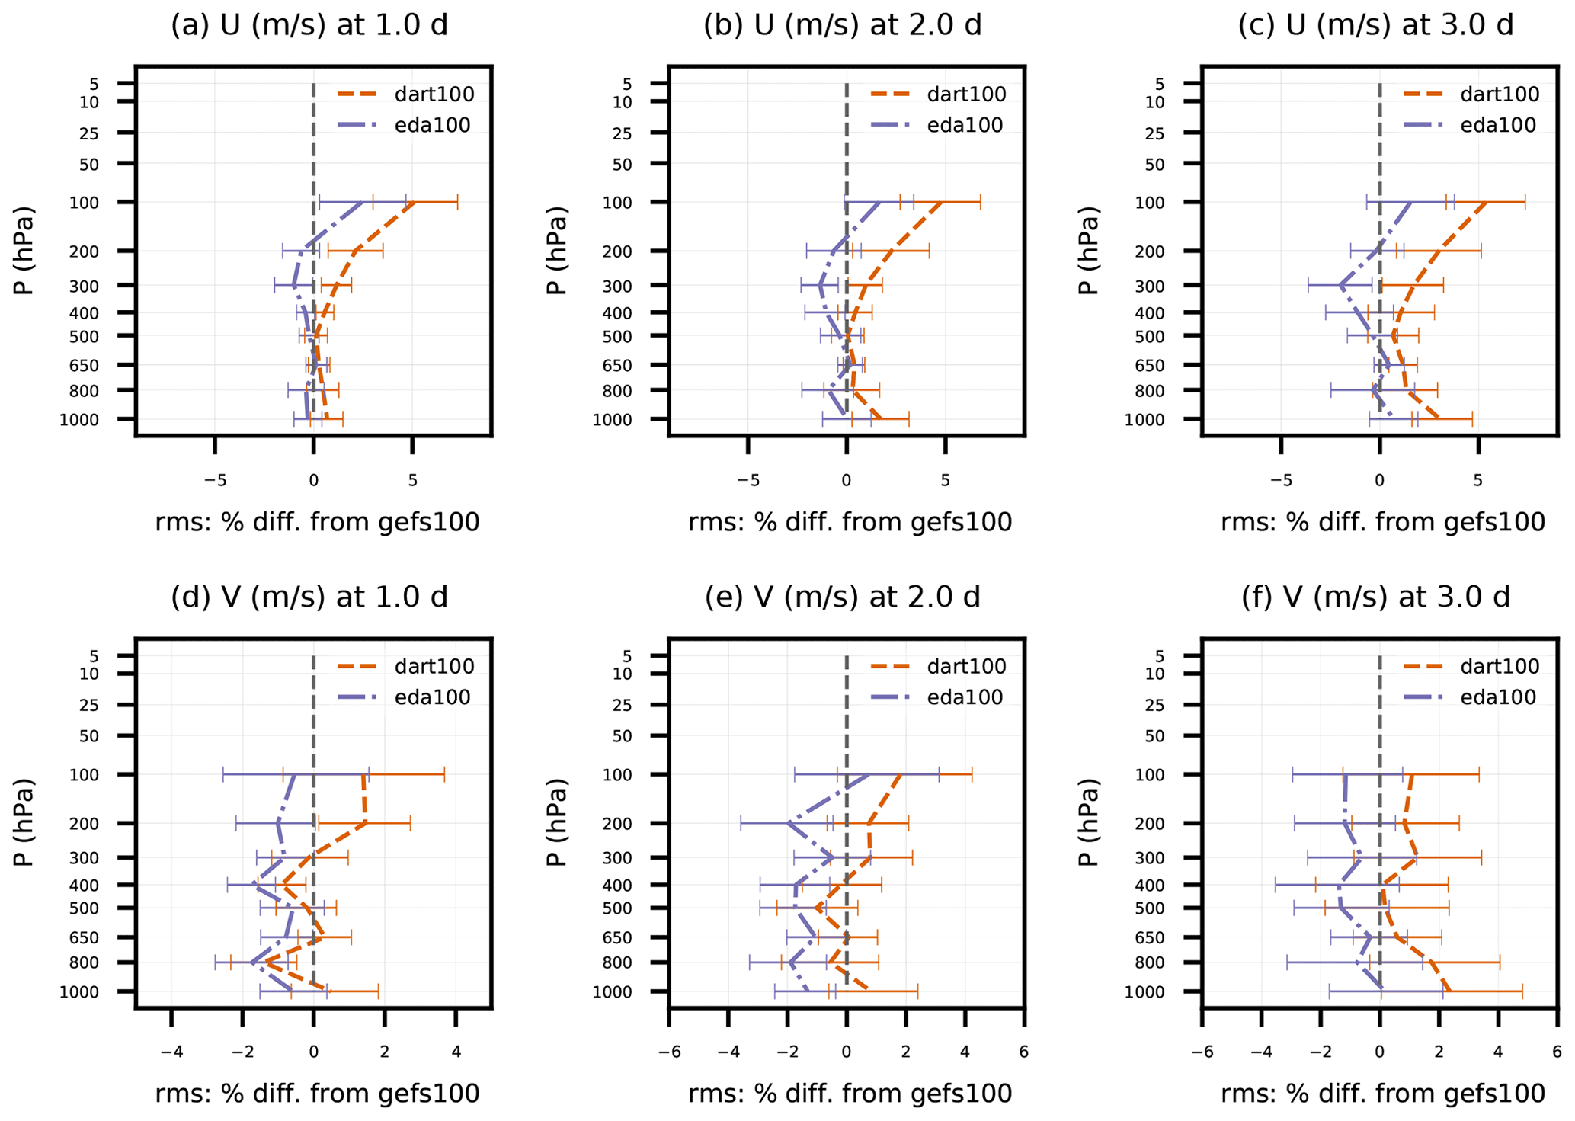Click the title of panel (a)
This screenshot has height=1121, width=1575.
tap(309, 25)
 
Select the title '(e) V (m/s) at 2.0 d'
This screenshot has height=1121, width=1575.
tap(842, 597)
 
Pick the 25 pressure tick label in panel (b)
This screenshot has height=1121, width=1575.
tap(622, 133)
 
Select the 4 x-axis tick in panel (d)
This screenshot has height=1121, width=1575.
tap(456, 1052)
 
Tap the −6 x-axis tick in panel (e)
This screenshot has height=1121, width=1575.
tap(669, 1052)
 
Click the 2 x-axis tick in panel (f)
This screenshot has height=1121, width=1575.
tap(1439, 1052)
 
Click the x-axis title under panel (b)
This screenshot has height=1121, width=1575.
tap(850, 522)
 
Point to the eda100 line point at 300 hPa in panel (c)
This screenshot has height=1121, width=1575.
tap(1340, 286)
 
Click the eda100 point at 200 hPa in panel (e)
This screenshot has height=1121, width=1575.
tap(788, 824)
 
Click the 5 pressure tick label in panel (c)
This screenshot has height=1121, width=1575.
tap(1159, 83)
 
